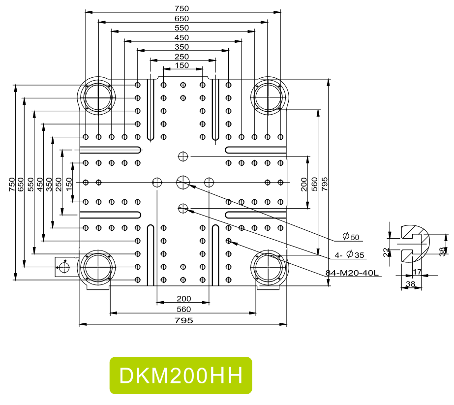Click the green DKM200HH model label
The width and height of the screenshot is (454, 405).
181,375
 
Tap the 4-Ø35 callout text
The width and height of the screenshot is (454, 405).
349,255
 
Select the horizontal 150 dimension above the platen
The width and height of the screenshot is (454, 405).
182,65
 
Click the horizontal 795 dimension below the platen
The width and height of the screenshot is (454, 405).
183,320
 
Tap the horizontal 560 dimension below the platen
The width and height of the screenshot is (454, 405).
183,309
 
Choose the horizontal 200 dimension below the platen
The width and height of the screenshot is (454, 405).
183,299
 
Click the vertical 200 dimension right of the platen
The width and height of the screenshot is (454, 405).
304,183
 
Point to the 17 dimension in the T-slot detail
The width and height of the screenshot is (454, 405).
417,271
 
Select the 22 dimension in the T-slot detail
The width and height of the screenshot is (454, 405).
387,252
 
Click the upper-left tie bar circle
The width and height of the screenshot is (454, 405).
98,96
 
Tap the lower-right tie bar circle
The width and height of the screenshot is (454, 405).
268,267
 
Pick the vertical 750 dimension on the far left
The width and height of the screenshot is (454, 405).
12,183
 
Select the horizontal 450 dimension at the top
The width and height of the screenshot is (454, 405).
182,37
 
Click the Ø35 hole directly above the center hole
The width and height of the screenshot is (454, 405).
183,156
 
